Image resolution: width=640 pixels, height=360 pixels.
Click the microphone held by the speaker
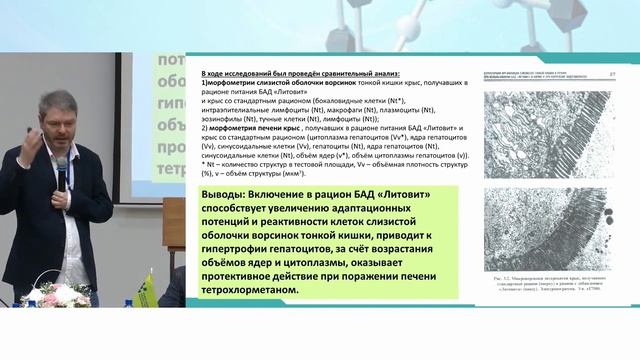coord(62,173)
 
